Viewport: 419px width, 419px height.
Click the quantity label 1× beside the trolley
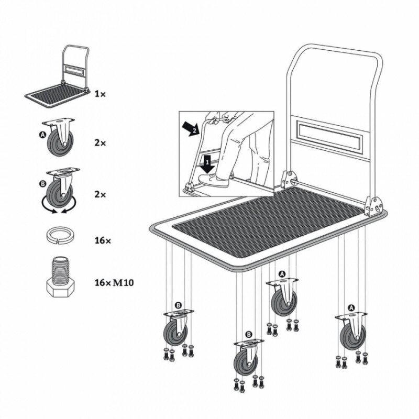[100, 94]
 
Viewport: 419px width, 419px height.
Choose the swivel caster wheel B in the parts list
[59, 188]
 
